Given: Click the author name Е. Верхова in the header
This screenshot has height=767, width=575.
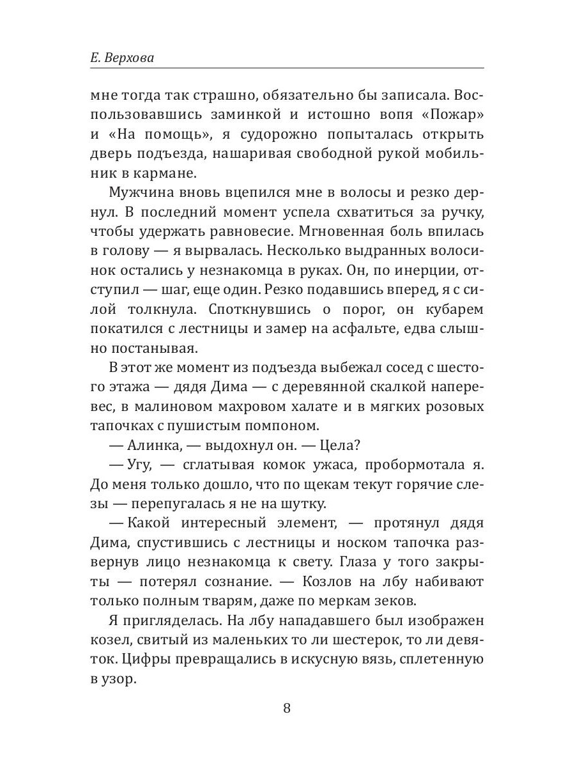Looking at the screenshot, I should [x=126, y=58].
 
